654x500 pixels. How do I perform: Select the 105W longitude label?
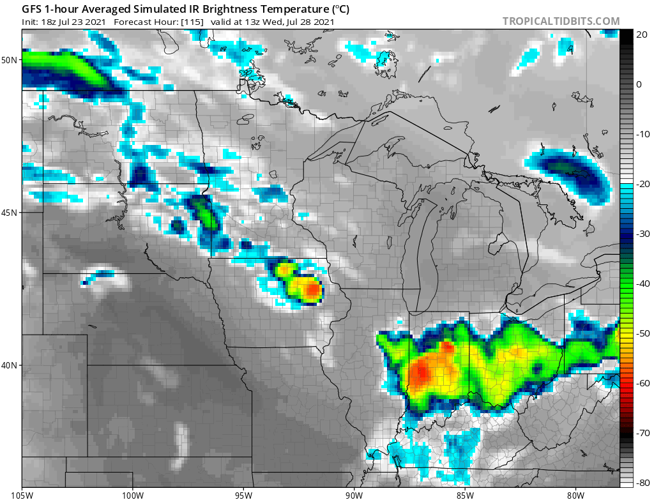pyautogui.click(x=23, y=494)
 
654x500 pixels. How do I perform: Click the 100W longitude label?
pyautogui.click(x=133, y=494)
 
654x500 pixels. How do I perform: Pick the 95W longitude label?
pyautogui.click(x=243, y=494)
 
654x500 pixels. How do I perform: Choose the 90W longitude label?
pyautogui.click(x=354, y=494)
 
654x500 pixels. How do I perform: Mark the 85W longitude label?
pyautogui.click(x=465, y=494)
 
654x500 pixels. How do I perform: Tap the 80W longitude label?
pyautogui.click(x=575, y=494)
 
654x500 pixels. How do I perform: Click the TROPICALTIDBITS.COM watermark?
pyautogui.click(x=561, y=21)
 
